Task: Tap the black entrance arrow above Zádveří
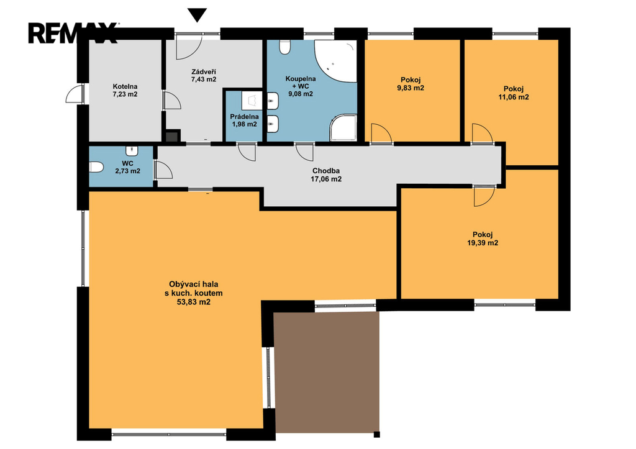(x=198, y=15)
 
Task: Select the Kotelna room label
(x=125, y=86)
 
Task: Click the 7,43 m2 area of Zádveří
(x=204, y=79)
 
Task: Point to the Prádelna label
(x=244, y=117)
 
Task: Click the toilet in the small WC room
(x=96, y=166)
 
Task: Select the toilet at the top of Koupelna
(x=285, y=47)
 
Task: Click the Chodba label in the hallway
(x=326, y=171)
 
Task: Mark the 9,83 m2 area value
(x=411, y=88)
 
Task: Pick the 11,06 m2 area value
(x=514, y=97)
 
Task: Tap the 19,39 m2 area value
(x=483, y=243)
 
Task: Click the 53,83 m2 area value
(x=194, y=302)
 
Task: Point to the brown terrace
(x=327, y=372)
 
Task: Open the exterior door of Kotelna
(x=75, y=94)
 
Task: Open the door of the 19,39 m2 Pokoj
(x=484, y=196)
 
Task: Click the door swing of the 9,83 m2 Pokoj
(x=381, y=134)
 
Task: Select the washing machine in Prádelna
(x=252, y=101)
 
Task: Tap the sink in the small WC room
(x=132, y=151)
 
